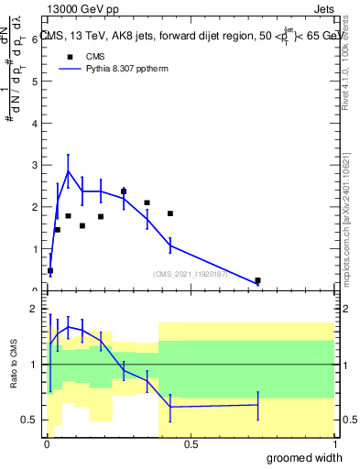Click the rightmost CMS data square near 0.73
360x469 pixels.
pyautogui.click(x=257, y=280)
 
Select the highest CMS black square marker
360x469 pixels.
pyautogui.click(x=124, y=191)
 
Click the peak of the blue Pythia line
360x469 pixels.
pyautogui.click(x=68, y=171)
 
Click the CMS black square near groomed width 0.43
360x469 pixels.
pyautogui.click(x=170, y=213)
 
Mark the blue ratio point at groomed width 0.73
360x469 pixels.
pyautogui.click(x=257, y=405)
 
